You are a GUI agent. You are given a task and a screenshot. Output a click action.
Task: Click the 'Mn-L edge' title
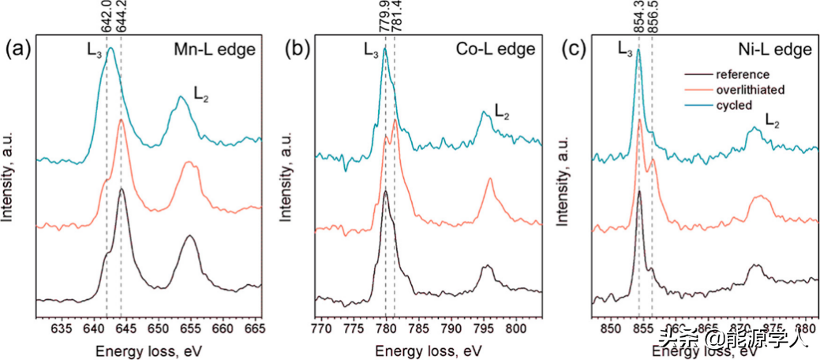click(x=215, y=50)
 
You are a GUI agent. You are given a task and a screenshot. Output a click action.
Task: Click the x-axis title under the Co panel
click(x=428, y=347)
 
